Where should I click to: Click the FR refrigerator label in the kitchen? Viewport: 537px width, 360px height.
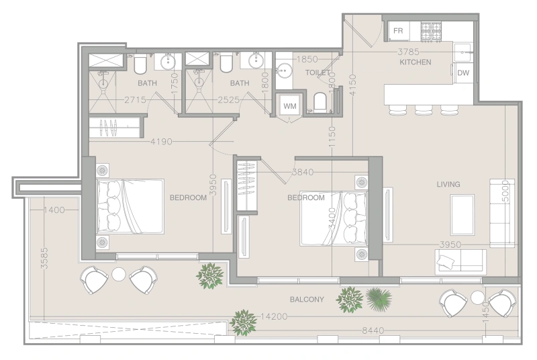pos(398,31)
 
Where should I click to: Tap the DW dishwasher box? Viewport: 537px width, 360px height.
pos(463,73)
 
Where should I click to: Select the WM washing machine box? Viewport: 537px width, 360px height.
pos(289,106)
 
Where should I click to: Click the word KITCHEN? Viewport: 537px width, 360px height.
pos(416,62)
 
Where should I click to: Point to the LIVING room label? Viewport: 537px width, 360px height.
pos(448,184)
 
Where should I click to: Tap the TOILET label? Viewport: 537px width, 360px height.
pos(317,71)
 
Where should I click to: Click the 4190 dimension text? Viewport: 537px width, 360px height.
pos(164,142)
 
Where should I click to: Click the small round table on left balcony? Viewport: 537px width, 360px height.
pos(119,274)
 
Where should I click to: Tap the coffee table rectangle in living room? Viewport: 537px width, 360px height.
pos(462,214)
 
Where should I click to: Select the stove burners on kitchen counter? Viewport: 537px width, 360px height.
pos(430,30)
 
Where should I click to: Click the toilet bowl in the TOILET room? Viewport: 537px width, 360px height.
pos(320,102)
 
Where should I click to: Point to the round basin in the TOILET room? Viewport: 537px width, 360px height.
pos(285,72)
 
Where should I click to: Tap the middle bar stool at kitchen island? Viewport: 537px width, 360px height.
pos(424,109)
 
